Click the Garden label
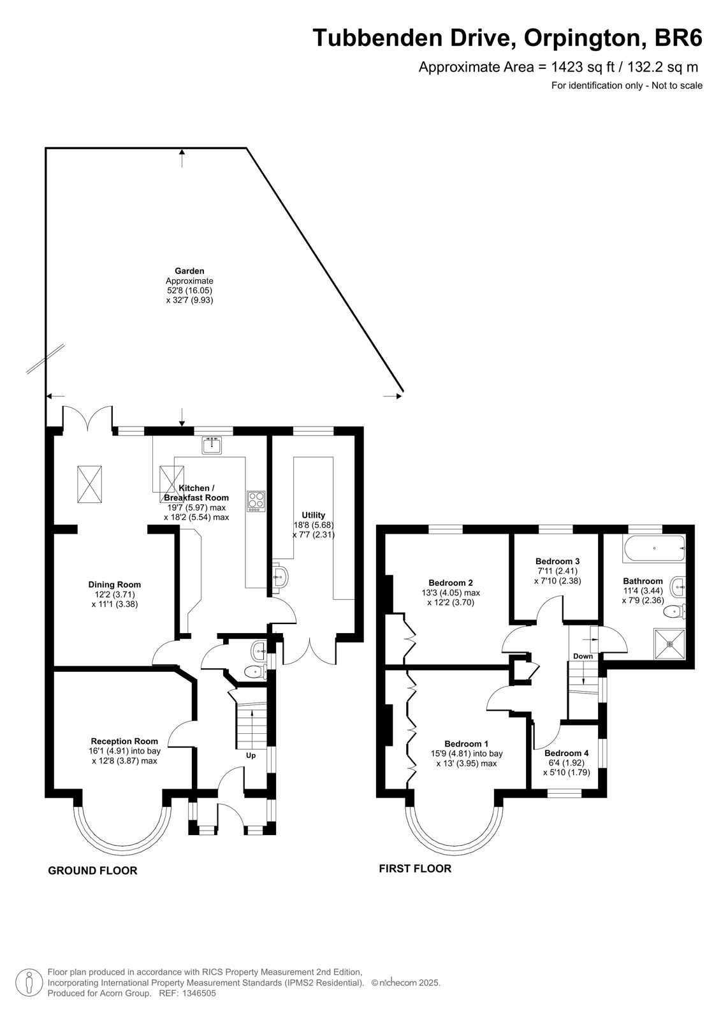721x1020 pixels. coord(189,271)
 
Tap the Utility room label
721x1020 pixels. coord(314,515)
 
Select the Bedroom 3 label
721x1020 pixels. coord(558,562)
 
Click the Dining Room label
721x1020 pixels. coord(114,585)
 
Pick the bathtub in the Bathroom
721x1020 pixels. coord(653,548)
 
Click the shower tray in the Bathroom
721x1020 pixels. coord(669,644)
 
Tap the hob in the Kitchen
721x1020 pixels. coord(256,501)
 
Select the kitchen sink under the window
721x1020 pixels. coord(212,445)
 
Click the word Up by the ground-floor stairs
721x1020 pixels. coord(251,755)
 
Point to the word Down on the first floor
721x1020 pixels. coord(583,656)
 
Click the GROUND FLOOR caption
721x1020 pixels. coord(92,870)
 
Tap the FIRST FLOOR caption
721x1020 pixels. coord(415,868)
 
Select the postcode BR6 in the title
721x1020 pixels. coord(678,38)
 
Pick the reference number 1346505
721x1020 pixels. coord(199,993)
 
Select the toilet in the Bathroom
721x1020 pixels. coord(675,612)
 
